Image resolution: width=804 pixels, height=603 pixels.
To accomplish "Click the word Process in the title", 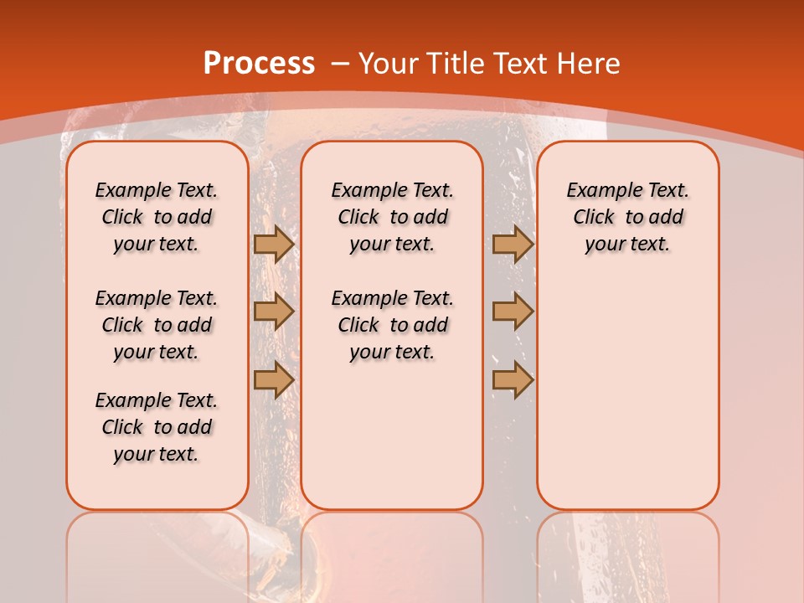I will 259,64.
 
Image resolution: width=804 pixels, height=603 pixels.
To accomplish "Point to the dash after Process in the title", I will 340,64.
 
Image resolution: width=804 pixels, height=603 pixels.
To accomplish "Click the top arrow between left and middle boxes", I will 273,244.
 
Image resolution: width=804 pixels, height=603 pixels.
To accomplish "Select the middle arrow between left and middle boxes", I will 273,312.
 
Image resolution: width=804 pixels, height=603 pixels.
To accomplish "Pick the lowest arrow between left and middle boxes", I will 273,379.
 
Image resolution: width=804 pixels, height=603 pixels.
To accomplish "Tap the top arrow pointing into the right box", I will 513,244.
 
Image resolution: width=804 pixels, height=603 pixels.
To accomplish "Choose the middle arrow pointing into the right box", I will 513,312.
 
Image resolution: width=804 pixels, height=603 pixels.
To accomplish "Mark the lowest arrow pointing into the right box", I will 513,379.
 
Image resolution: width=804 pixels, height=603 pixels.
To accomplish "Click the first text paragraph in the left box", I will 157,217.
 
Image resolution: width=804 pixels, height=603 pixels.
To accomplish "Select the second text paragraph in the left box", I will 157,325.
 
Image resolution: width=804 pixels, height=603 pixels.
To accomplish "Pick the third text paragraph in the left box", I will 157,427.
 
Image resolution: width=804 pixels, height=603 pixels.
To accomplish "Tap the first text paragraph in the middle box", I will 392,217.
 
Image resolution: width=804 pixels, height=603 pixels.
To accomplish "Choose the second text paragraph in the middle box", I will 392,325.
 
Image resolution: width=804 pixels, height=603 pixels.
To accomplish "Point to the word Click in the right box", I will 594,218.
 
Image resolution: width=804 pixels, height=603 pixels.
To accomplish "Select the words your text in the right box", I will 627,245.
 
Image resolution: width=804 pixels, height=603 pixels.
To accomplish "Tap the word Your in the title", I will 389,64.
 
